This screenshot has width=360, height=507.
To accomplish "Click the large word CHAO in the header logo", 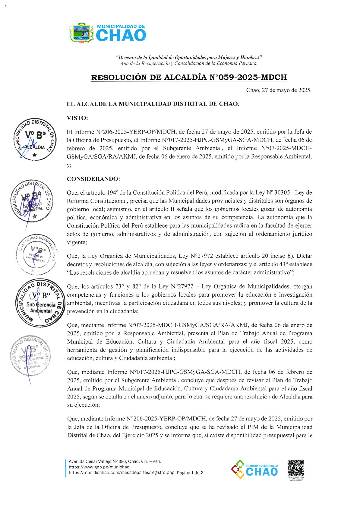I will pos(121,36).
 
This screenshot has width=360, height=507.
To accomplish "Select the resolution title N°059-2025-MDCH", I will pos(189,77).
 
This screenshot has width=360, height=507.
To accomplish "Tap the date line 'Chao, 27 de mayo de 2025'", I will pos(279,90).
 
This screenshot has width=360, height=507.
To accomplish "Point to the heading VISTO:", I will pos(77,118).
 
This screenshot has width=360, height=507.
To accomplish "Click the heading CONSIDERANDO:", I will pos(93,179).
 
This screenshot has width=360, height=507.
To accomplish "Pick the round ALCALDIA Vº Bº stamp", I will pos(35,139).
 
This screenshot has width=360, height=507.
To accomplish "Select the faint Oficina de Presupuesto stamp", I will pos(36,254).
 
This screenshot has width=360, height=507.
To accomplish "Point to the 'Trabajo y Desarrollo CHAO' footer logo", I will pos(255,469).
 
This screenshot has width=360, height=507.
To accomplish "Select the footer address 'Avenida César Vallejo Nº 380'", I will pos(115,461).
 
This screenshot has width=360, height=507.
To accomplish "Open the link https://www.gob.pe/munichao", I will pos(99,467).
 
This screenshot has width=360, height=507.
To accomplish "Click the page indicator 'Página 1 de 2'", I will pos(190,473).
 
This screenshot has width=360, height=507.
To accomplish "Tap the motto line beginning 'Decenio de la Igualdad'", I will pos(189,57).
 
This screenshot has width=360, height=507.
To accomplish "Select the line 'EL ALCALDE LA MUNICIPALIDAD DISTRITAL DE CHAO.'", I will pos(153,104).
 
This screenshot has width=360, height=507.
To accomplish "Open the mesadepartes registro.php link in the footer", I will pos(122,473).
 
